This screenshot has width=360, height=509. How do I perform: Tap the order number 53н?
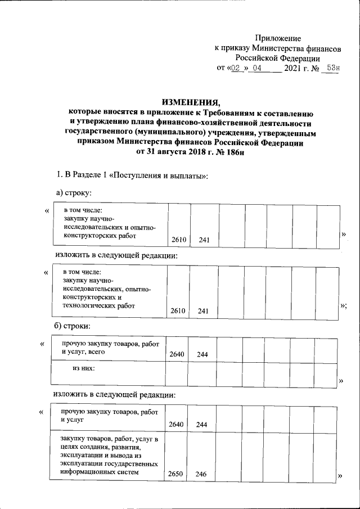click(333, 69)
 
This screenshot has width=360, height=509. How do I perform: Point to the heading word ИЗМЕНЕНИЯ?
click(191, 102)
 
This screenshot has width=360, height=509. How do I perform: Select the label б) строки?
click(72, 327)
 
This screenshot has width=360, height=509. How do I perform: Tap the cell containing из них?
click(83, 368)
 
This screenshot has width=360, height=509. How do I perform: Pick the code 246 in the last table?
click(201, 474)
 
